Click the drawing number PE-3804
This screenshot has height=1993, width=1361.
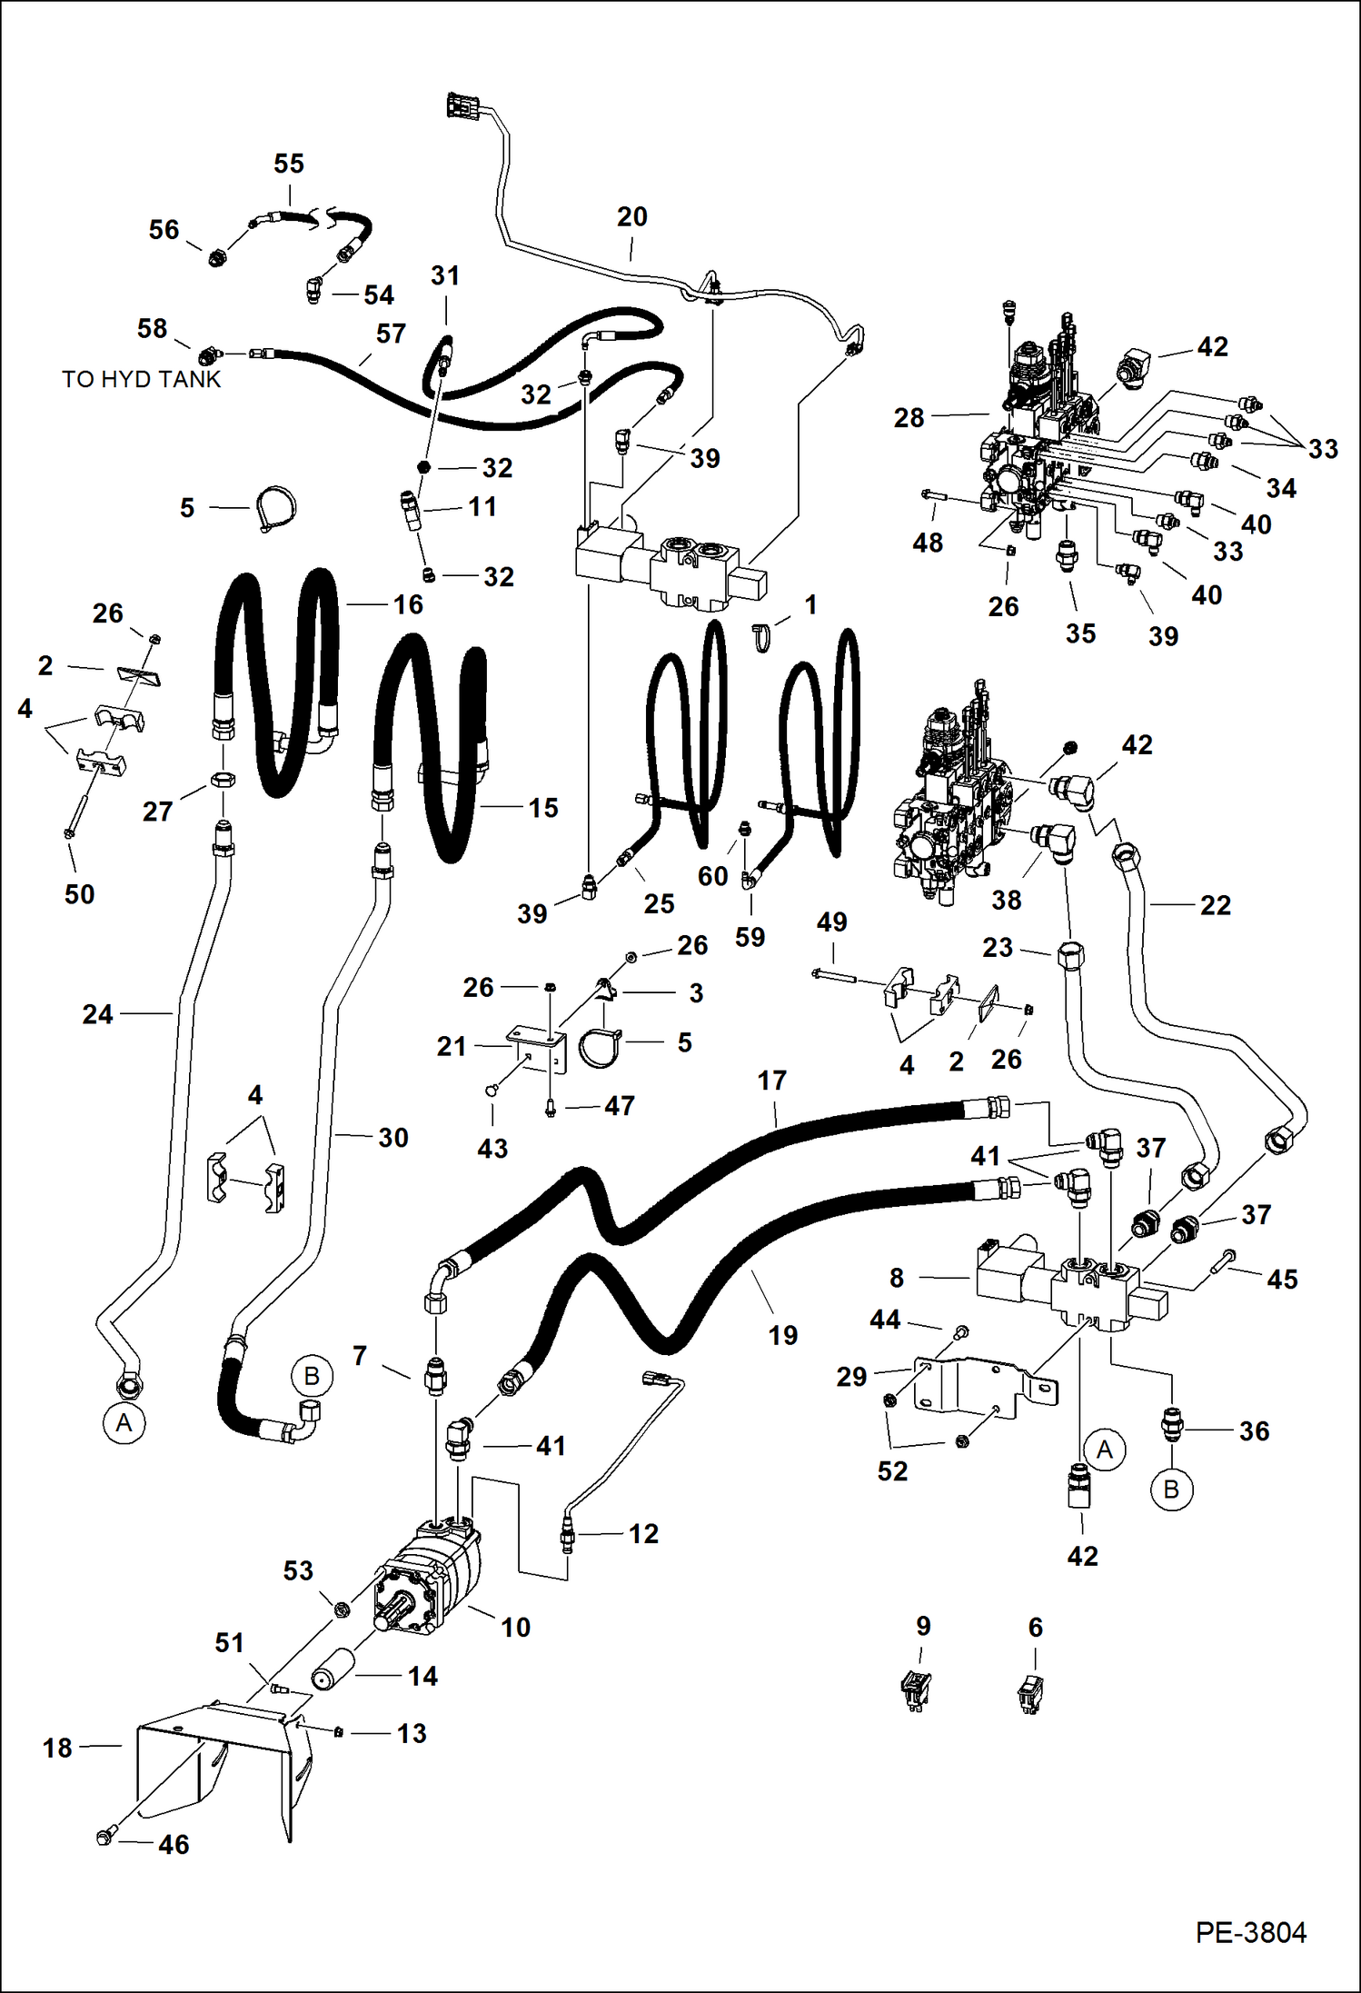(1250, 1933)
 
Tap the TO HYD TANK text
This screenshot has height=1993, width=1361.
(141, 379)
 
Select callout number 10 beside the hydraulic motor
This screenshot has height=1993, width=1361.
(515, 1627)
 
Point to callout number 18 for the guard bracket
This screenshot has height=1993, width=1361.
(57, 1747)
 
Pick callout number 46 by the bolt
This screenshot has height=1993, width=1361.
(174, 1844)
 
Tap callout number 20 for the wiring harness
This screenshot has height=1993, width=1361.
(631, 216)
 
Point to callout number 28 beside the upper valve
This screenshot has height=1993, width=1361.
(909, 417)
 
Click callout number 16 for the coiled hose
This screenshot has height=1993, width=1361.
(408, 604)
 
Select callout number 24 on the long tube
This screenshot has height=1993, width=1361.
(98, 1013)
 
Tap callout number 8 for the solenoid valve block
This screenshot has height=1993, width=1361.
(897, 1278)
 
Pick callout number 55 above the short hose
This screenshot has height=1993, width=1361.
(288, 164)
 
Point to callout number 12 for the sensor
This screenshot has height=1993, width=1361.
(643, 1533)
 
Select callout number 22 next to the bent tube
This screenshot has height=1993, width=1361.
(1215, 904)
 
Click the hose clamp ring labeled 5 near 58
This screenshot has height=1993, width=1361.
(273, 508)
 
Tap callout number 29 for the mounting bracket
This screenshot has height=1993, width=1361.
(851, 1376)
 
